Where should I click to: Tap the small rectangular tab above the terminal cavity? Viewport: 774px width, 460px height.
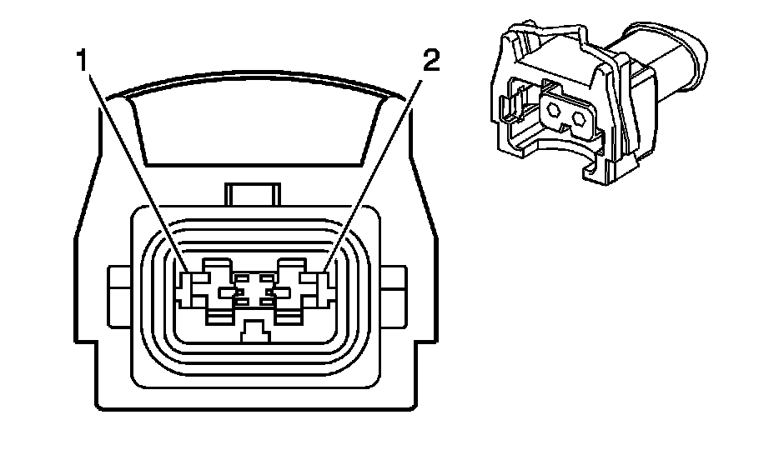(x=251, y=197)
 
